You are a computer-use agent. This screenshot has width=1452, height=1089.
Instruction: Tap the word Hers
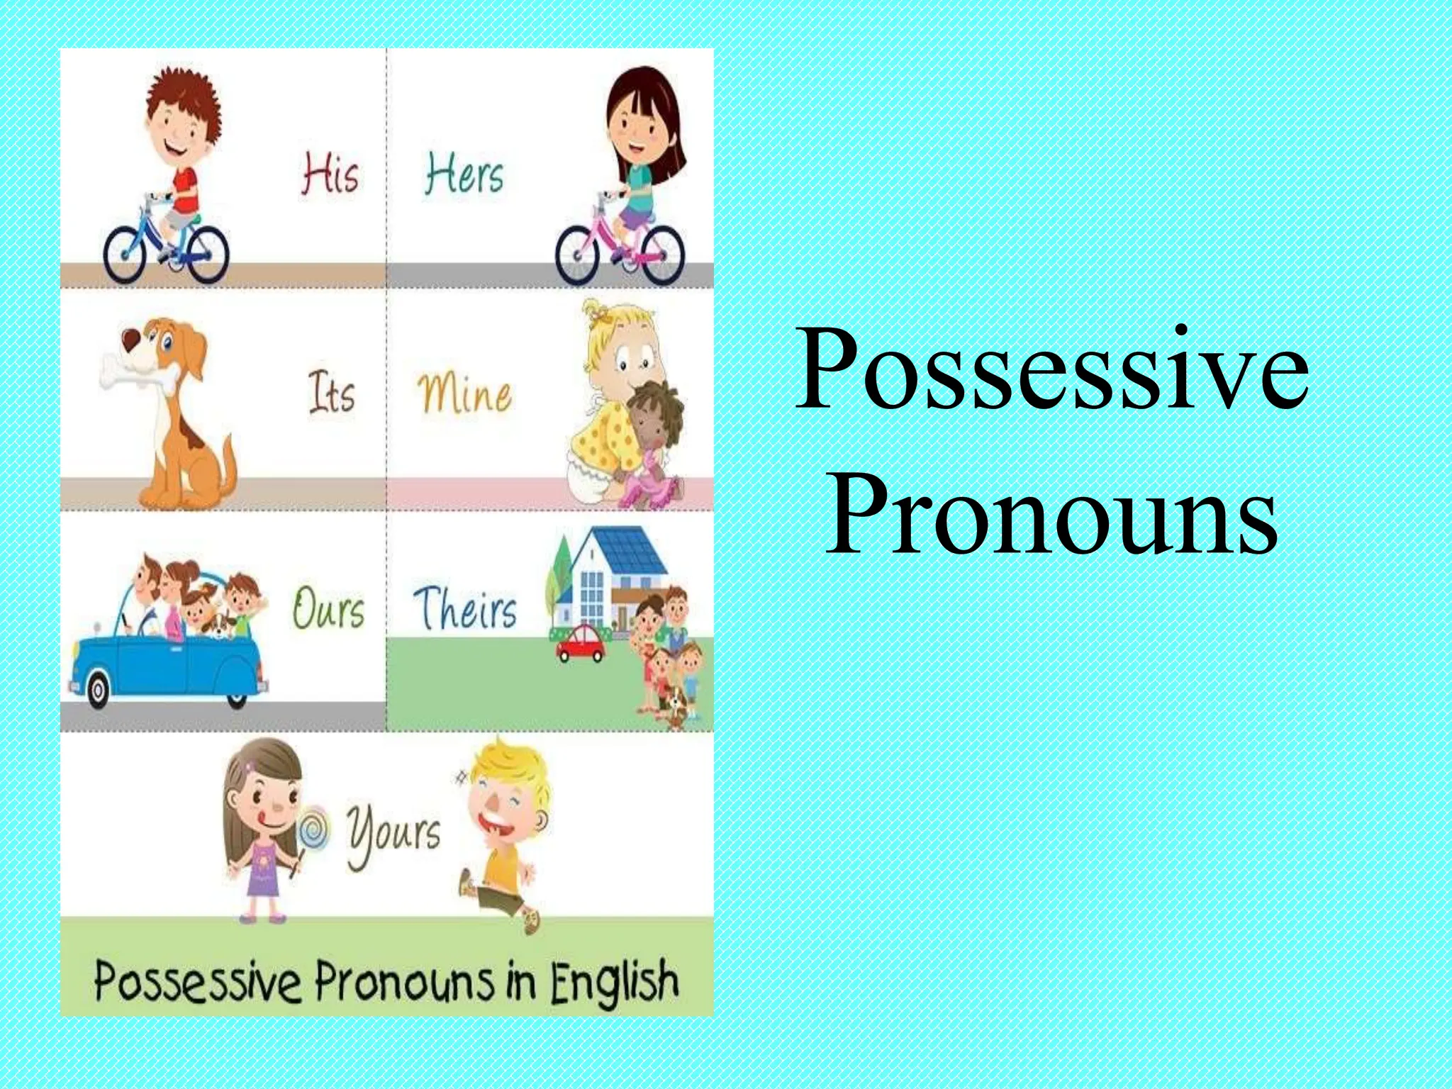click(464, 175)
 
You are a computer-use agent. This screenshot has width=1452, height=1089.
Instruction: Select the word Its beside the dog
click(331, 393)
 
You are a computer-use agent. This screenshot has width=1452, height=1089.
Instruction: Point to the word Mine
click(464, 393)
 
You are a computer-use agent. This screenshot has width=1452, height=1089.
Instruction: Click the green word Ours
click(328, 608)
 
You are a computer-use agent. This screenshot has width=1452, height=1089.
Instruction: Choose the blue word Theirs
click(465, 608)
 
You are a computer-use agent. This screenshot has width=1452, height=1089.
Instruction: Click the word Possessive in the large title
click(1052, 370)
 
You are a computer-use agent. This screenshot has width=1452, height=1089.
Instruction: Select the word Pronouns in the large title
click(1052, 512)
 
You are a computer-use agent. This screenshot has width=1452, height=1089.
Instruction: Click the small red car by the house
click(581, 642)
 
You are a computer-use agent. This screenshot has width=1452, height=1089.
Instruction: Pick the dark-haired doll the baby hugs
click(656, 432)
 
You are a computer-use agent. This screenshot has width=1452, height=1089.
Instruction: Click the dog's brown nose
click(130, 340)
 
